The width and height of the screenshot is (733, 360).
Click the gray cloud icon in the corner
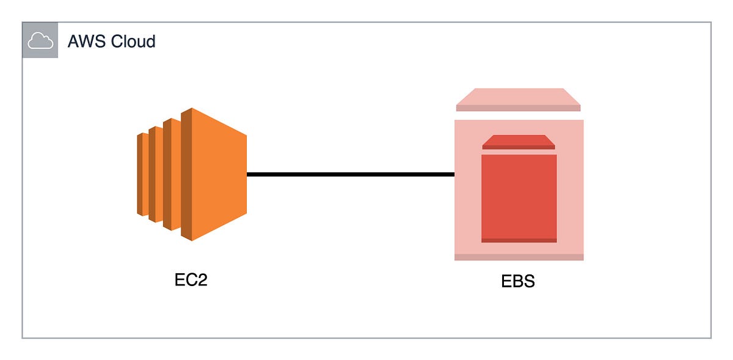[x=40, y=41]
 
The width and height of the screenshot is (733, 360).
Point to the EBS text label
[x=518, y=283]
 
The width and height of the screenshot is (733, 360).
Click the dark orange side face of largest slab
[x=186, y=174]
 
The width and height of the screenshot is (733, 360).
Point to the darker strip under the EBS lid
[x=519, y=108]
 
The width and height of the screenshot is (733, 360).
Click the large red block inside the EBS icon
[x=519, y=196]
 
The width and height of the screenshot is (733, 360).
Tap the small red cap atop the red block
[x=519, y=142]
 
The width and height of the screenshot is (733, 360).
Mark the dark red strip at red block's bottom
[x=519, y=240]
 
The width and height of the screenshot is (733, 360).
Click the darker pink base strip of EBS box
[x=519, y=257]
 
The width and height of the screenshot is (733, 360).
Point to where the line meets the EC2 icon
[x=248, y=175]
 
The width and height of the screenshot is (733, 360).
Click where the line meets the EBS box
[x=454, y=175]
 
